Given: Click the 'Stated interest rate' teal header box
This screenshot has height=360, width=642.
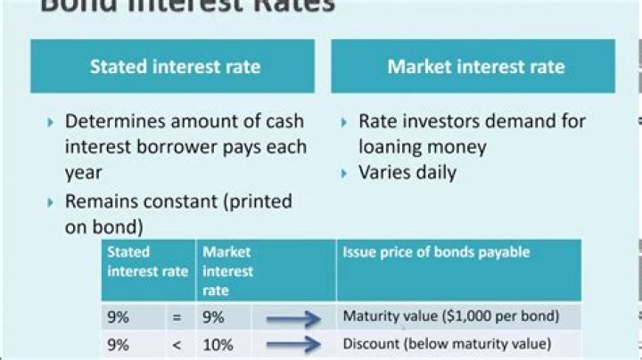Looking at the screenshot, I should click(175, 67).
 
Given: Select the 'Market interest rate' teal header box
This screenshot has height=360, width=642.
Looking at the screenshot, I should click(475, 67).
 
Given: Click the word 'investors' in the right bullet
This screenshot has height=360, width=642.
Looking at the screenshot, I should click(442, 121).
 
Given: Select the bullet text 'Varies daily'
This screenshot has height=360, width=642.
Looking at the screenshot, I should click(407, 172).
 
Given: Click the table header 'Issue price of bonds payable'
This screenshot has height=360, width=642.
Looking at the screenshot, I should click(436, 253).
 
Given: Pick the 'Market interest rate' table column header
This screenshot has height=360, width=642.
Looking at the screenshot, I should click(227, 271).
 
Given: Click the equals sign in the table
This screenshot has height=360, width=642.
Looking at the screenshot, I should click(175, 316).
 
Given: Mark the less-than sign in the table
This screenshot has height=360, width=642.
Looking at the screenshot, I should click(175, 344).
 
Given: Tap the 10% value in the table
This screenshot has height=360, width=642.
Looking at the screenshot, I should click(218, 344).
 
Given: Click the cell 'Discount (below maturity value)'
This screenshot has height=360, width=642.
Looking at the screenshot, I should click(447, 344).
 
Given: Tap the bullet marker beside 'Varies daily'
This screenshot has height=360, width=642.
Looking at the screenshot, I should click(345, 173).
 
